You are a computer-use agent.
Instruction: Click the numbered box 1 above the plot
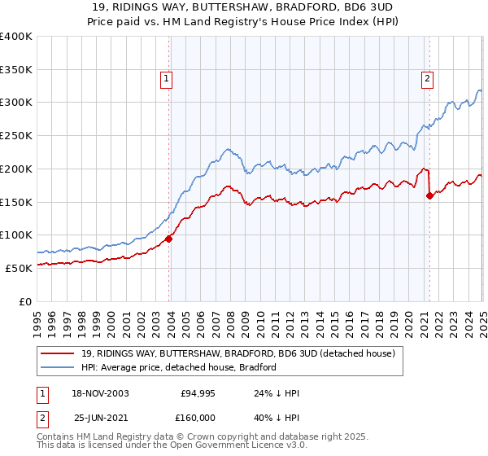[x=166, y=79]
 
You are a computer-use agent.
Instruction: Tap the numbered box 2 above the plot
[x=427, y=79]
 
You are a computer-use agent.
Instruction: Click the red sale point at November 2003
[x=169, y=239]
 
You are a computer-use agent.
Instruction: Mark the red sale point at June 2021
[x=429, y=195]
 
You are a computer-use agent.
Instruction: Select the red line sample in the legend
[x=59, y=353]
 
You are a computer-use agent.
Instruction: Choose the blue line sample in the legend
[x=59, y=367]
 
